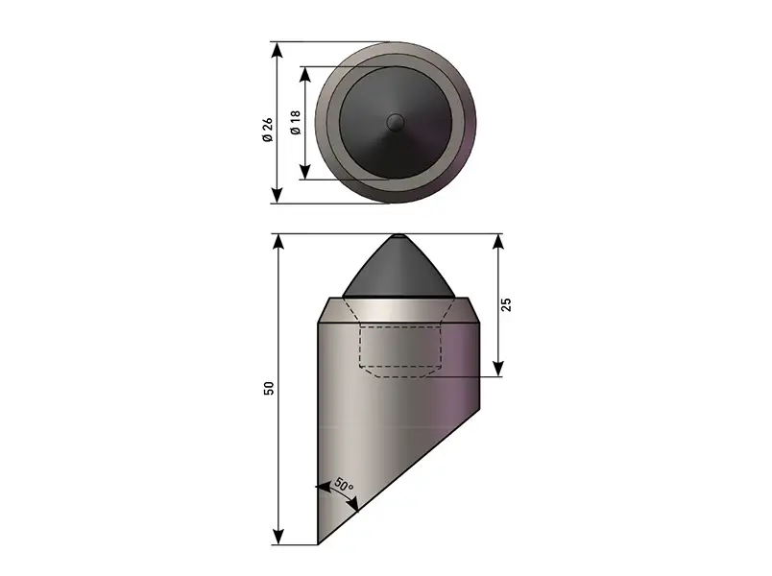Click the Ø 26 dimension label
pos(267,130)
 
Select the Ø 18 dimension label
pos(295,123)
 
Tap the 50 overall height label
pos(269,388)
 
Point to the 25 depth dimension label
pos(506,304)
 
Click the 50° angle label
pos(344,485)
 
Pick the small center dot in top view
pos(396,123)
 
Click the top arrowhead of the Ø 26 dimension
pos(277,50)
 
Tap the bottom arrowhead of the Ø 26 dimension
pos(277,195)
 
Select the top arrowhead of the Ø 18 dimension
pos(305,74)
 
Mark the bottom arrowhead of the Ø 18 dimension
pos(305,171)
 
